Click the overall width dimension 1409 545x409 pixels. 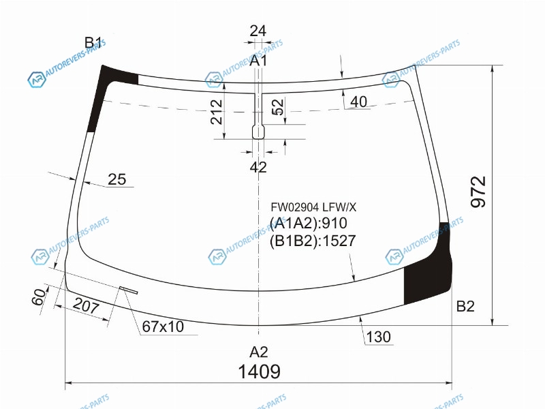tap(260, 372)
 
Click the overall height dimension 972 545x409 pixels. tap(478, 192)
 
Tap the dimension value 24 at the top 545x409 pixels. tap(258, 31)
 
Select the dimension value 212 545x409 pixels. tap(216, 112)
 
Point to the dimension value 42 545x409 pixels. tap(258, 167)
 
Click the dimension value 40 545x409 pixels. tap(358, 102)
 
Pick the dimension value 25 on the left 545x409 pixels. tap(116, 179)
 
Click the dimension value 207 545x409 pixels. tap(87, 305)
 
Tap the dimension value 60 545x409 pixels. tap(39, 297)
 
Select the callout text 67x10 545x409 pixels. tap(163, 327)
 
